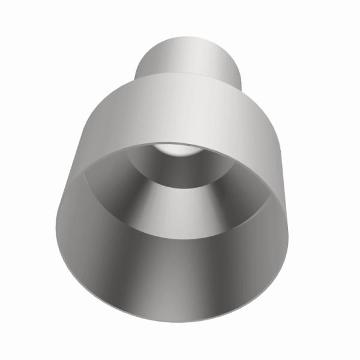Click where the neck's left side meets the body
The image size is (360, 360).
tap(136, 78)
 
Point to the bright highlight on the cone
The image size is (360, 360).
tap(180, 210)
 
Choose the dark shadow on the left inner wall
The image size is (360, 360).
tap(78, 240)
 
